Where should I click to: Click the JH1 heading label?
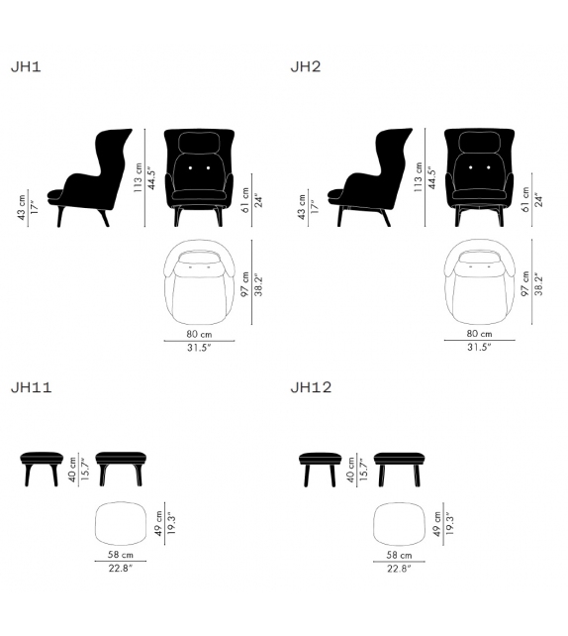click(x=25, y=67)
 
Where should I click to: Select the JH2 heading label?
click(x=305, y=67)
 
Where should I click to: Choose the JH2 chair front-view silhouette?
click(x=477, y=170)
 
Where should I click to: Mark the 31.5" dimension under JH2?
click(x=478, y=347)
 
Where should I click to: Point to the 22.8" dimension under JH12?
click(x=400, y=569)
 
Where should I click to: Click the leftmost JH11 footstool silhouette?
click(x=43, y=460)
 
